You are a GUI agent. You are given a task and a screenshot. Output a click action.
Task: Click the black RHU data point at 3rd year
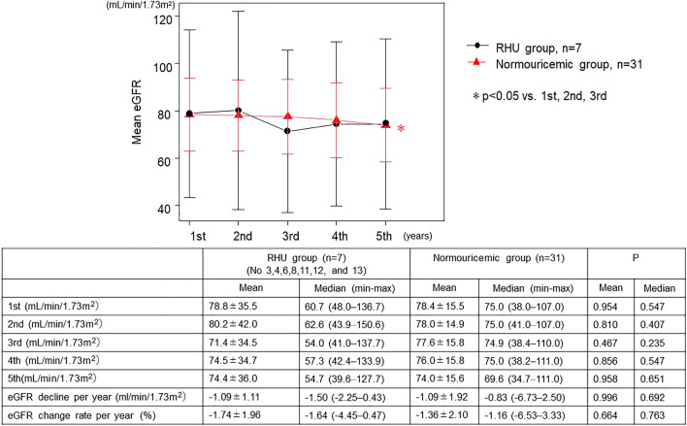click(287, 131)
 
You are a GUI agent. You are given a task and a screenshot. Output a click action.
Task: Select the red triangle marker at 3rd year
click(287, 116)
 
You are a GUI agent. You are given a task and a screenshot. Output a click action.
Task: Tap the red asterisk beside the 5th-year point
click(401, 129)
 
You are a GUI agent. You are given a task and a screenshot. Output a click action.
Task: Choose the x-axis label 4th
click(339, 236)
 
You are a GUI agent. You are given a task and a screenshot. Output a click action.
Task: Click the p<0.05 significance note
click(540, 96)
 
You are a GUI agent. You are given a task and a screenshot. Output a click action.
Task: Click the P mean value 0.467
click(605, 343)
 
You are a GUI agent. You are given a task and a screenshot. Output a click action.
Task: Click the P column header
click(635, 258)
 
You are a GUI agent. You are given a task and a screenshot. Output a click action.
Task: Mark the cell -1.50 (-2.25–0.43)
click(344, 397)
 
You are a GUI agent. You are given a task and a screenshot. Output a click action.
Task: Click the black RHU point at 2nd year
click(239, 111)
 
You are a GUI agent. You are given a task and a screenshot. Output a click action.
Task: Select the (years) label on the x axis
click(417, 236)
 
